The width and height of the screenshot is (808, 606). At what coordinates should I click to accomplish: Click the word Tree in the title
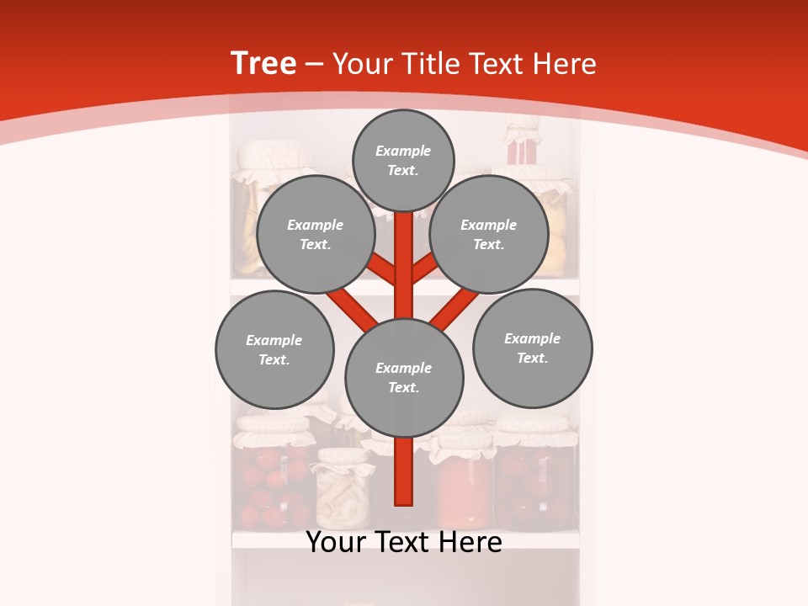click(263, 64)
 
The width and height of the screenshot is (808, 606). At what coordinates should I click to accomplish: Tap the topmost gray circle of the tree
click(403, 160)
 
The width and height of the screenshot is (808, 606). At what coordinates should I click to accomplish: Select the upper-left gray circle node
click(315, 235)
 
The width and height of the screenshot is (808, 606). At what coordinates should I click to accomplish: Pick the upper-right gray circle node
click(488, 235)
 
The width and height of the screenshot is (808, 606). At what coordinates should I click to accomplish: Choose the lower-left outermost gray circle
click(274, 349)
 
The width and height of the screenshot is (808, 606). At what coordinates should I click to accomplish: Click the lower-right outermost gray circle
click(532, 348)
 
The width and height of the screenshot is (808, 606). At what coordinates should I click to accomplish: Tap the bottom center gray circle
click(404, 378)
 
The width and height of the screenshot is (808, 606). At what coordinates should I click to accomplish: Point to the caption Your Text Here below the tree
click(404, 542)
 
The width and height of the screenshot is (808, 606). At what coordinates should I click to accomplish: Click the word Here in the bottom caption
click(472, 542)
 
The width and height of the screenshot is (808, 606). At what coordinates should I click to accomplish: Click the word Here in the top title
click(566, 64)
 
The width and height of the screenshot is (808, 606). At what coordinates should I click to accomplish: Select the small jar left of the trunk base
click(343, 492)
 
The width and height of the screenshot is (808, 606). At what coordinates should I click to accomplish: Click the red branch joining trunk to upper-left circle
click(383, 269)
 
